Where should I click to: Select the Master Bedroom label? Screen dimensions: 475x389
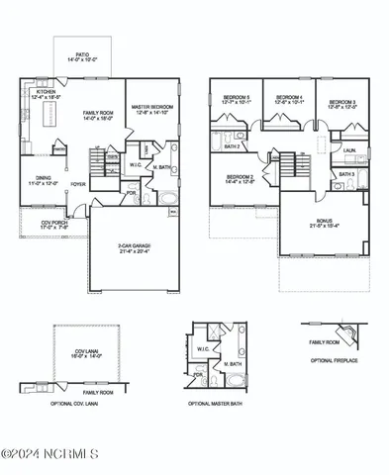(154, 107)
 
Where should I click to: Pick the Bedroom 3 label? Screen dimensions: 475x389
(342, 102)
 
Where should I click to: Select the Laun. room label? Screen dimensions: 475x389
(349, 151)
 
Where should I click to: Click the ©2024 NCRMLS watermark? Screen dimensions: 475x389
(49, 454)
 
